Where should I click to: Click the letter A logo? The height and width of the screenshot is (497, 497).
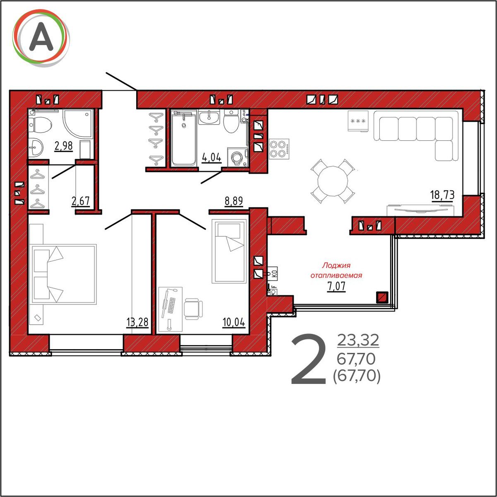(41, 39)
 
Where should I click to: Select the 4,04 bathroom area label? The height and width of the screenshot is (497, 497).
(212, 157)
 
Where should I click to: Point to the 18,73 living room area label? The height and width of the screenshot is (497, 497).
(442, 195)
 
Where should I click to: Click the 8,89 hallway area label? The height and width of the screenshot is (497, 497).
(234, 201)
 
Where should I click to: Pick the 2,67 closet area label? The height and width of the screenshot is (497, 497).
(81, 201)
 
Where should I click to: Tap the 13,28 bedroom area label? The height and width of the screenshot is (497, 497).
(138, 322)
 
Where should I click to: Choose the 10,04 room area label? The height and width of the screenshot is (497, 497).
(234, 322)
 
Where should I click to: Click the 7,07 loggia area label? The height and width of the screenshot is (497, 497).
(336, 286)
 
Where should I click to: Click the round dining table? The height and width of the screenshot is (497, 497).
(333, 181)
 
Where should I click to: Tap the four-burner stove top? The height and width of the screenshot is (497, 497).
(279, 149)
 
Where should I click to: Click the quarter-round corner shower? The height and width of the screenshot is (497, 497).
(78, 123)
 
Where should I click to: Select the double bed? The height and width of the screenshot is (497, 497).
(64, 274)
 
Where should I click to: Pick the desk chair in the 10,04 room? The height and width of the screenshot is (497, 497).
(193, 309)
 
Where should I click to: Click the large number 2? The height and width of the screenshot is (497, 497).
(309, 359)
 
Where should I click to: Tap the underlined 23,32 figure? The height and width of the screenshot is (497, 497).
(358, 340)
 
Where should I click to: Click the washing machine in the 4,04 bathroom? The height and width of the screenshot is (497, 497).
(237, 157)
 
